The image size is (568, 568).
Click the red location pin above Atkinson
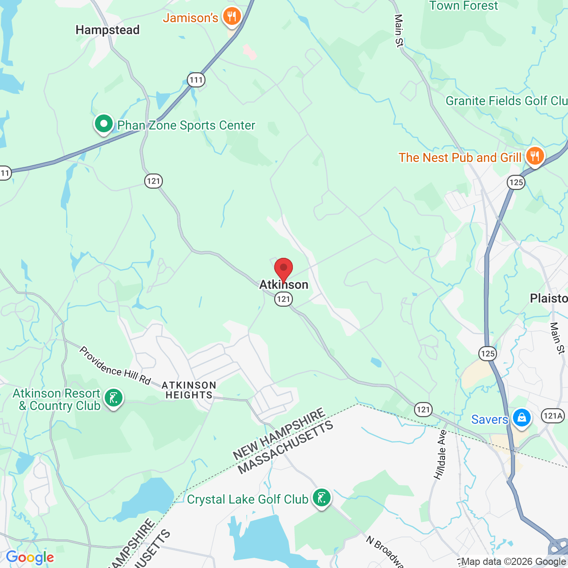[284, 269]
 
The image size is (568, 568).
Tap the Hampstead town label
[107, 30]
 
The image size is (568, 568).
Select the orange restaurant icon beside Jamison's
[232, 17]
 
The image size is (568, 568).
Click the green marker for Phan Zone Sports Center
[104, 124]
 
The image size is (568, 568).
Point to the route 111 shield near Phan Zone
[196, 80]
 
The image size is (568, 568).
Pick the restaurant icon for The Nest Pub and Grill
[535, 156]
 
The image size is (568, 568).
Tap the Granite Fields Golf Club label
[506, 101]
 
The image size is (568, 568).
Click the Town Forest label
[464, 6]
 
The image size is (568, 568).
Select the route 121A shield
[552, 416]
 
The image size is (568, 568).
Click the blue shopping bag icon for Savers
[522, 418]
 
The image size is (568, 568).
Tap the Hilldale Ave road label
[441, 455]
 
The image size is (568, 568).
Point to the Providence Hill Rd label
[115, 366]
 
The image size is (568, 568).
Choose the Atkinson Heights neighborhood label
[189, 390]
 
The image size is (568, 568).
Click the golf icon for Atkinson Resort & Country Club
[114, 398]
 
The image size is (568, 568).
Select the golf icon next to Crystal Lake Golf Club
[321, 498]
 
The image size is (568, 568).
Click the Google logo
[30, 557]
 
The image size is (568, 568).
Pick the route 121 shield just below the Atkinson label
[283, 299]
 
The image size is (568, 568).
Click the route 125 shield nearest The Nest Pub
[516, 182]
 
